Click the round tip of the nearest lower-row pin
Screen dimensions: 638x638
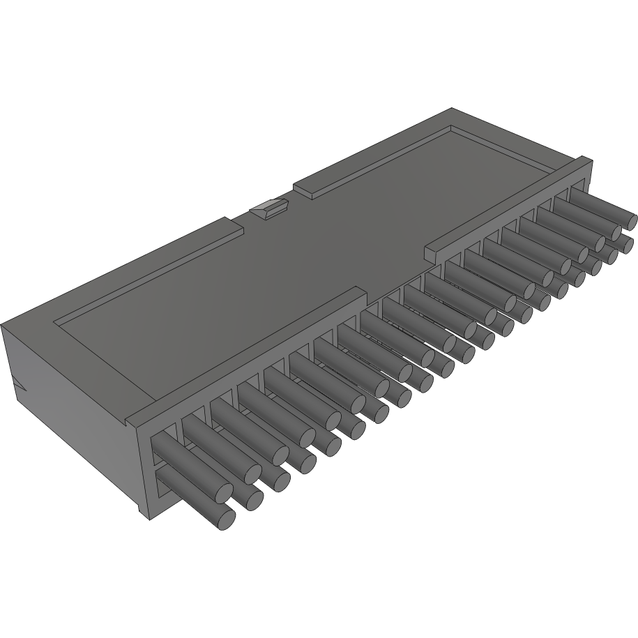(223, 517)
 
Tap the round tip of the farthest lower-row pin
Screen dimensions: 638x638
(625, 244)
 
